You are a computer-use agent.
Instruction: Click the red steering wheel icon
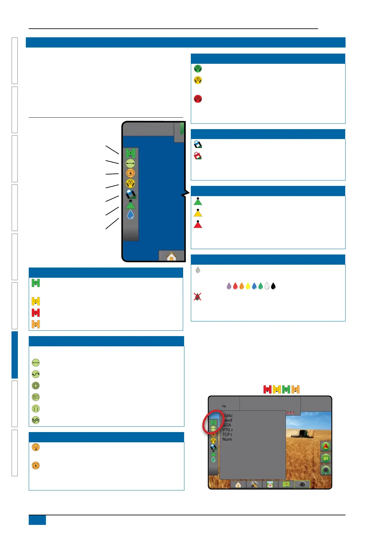pyautogui.click(x=198, y=99)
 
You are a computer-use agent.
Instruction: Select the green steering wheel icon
pyautogui.click(x=198, y=69)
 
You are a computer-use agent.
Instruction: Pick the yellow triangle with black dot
pyautogui.click(x=198, y=213)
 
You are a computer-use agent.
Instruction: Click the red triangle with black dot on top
pyautogui.click(x=198, y=224)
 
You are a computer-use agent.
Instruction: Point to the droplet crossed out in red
pyautogui.click(x=197, y=297)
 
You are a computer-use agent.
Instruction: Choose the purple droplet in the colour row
pyautogui.click(x=229, y=286)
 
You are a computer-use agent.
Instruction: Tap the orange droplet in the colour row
pyautogui.click(x=242, y=286)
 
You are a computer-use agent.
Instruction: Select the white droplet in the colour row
pyautogui.click(x=267, y=286)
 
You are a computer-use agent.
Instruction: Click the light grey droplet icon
pyautogui.click(x=198, y=270)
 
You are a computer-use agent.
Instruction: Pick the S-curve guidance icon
pyautogui.click(x=36, y=374)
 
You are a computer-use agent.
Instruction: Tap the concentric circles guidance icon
pyautogui.click(x=36, y=386)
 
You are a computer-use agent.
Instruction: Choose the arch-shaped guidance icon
pyautogui.click(x=36, y=408)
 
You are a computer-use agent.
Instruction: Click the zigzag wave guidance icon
pyautogui.click(x=36, y=420)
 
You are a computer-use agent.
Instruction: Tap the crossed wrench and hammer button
pyautogui.click(x=254, y=484)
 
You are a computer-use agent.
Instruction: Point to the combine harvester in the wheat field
pyautogui.click(x=300, y=434)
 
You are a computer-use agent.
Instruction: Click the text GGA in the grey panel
pyautogui.click(x=227, y=425)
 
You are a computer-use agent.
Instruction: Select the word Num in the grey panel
pyautogui.click(x=227, y=439)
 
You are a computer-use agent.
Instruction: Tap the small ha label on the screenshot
pyautogui.click(x=224, y=406)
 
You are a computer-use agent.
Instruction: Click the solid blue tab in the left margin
pyautogui.click(x=15, y=355)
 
